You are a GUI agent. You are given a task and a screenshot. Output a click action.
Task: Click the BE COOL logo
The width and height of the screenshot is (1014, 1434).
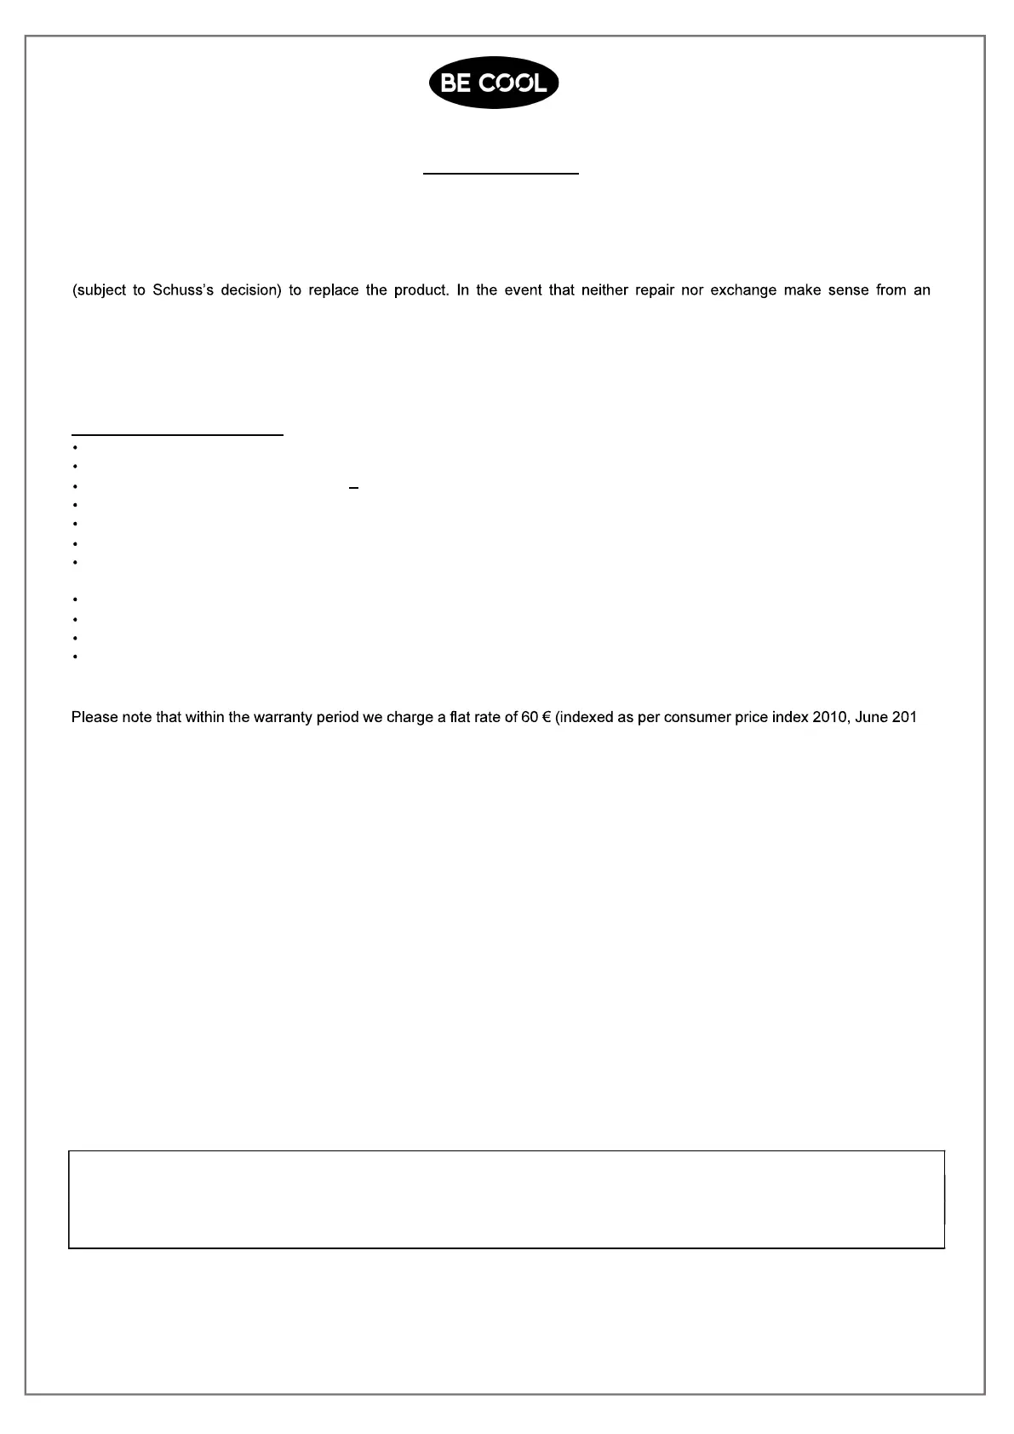pyautogui.click(x=494, y=83)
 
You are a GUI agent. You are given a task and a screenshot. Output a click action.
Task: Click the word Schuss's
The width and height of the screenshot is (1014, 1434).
pyautogui.click(x=183, y=290)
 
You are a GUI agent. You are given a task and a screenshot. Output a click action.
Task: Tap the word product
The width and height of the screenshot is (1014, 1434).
pyautogui.click(x=421, y=290)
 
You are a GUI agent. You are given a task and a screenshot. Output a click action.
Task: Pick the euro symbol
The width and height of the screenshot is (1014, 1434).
pyautogui.click(x=546, y=717)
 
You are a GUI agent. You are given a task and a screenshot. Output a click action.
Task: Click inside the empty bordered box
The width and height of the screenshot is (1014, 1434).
pyautogui.click(x=507, y=1199)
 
